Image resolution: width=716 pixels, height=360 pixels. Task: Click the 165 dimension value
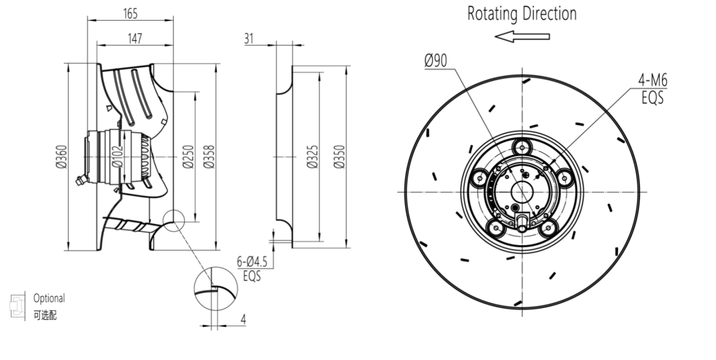click(130, 14)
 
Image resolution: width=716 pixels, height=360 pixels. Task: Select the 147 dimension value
click(135, 38)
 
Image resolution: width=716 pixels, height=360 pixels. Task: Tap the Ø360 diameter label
click(62, 156)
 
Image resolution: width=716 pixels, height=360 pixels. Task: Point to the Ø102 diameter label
click(117, 156)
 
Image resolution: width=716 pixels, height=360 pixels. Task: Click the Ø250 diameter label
click(188, 156)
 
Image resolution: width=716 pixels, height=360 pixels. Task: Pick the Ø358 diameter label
click(209, 156)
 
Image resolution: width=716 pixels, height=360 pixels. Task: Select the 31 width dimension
click(249, 38)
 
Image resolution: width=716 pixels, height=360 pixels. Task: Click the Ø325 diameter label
click(313, 156)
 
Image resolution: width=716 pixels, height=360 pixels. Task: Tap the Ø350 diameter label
click(340, 156)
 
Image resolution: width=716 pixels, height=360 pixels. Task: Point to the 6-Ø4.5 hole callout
click(252, 262)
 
